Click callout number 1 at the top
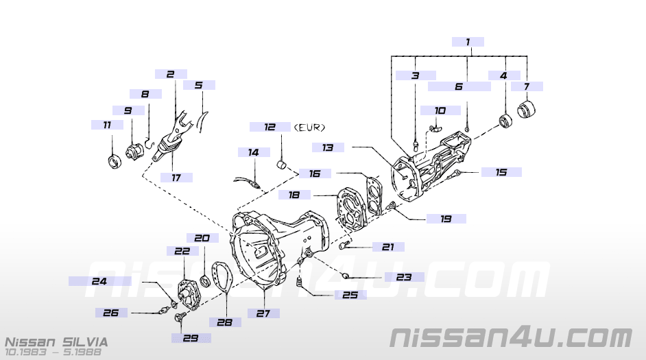pyautogui.click(x=468, y=42)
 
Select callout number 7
pyautogui.click(x=527, y=86)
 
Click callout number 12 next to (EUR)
pyautogui.click(x=270, y=127)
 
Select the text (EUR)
pyautogui.click(x=309, y=128)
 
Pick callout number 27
pyautogui.click(x=264, y=313)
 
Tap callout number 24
pyautogui.click(x=99, y=280)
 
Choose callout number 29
pyautogui.click(x=191, y=337)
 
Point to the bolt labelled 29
pyautogui.click(x=179, y=317)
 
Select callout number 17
pyautogui.click(x=176, y=177)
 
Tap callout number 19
pyautogui.click(x=446, y=219)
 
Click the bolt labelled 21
pyautogui.click(x=344, y=246)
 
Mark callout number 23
pyautogui.click(x=404, y=277)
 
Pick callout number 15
pyautogui.click(x=501, y=171)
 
